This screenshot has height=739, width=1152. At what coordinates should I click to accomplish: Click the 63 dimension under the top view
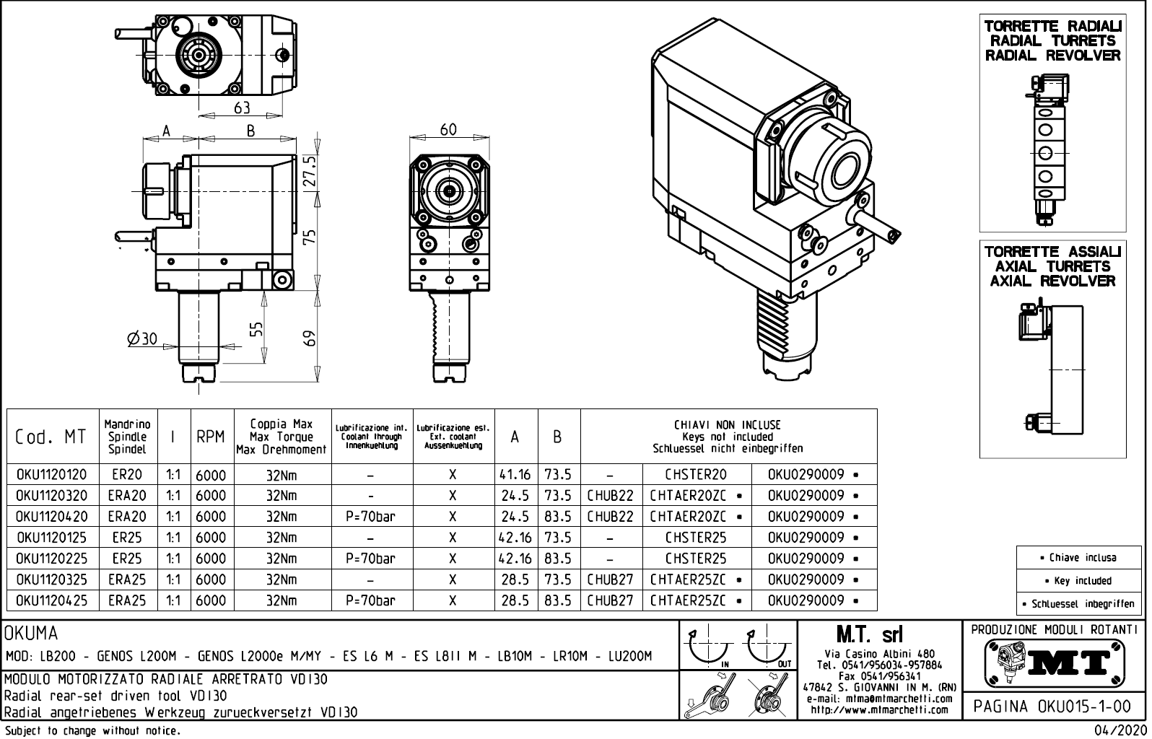[x=242, y=108]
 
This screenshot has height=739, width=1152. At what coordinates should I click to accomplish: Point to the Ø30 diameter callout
[x=142, y=338]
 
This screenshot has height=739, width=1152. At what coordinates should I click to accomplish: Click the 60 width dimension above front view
[x=448, y=130]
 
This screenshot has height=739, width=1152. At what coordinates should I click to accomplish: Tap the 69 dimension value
[x=310, y=338]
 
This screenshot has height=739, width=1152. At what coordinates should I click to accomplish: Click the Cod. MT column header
[x=51, y=437]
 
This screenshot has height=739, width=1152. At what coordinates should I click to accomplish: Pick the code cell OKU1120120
[x=51, y=475]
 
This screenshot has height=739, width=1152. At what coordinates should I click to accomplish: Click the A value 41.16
[x=515, y=475]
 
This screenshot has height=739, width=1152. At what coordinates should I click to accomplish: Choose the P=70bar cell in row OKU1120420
[x=370, y=517]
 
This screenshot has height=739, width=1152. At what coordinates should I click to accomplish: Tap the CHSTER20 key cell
[x=696, y=475]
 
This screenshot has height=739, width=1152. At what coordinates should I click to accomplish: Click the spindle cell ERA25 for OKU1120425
[x=127, y=600]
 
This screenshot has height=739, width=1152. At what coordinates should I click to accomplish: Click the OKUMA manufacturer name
[x=31, y=634]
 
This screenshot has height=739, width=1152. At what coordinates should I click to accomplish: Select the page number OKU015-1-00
[x=1054, y=706]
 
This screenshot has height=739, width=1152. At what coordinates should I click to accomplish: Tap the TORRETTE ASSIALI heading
[x=1052, y=252]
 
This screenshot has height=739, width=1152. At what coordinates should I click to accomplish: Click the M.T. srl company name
[x=869, y=634]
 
